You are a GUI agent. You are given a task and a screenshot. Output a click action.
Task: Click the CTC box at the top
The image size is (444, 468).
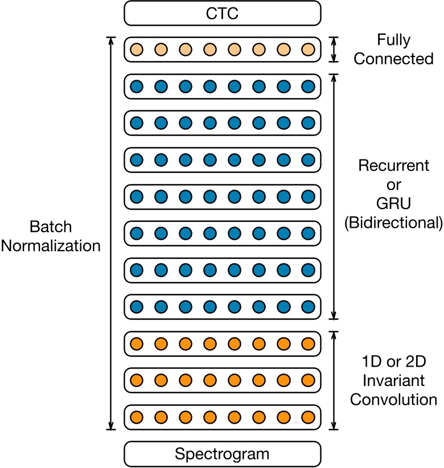click(223, 13)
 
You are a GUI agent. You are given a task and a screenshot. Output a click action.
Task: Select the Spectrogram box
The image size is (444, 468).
click(223, 454)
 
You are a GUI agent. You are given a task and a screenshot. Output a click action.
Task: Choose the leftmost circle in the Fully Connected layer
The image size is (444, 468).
click(136, 50)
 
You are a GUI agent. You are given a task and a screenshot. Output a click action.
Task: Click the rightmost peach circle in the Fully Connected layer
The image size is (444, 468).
click(308, 50)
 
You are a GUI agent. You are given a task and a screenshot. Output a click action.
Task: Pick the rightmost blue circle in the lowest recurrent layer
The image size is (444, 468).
click(308, 307)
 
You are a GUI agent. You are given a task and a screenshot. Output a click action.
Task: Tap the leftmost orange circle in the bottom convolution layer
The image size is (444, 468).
click(136, 416)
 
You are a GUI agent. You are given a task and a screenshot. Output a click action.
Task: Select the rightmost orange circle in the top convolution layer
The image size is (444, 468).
click(308, 344)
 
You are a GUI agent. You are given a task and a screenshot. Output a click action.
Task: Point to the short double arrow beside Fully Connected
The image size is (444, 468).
click(335, 50)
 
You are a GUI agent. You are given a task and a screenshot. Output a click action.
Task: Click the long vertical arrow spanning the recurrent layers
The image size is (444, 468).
click(335, 196)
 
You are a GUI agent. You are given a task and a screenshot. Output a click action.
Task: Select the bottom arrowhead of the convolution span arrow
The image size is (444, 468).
click(335, 425)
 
